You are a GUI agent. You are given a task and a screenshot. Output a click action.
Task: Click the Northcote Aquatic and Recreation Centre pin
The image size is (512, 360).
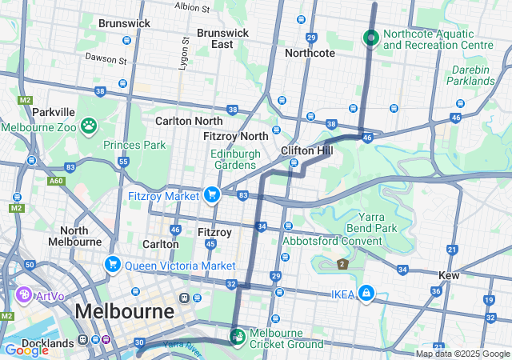pyautogui.click(x=371, y=38)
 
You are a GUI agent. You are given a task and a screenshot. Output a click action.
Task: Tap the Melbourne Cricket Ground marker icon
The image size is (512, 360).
pyautogui.click(x=238, y=335)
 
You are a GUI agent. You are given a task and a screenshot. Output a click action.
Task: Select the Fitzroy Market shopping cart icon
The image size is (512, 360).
pyautogui.click(x=212, y=194)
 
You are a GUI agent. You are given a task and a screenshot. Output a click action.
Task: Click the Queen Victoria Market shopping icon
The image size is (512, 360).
pyautogui.click(x=112, y=264)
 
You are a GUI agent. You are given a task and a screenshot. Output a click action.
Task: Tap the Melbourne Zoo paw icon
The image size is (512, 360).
pyautogui.click(x=87, y=126)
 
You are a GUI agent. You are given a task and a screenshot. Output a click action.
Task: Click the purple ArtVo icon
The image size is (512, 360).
pyautogui.click(x=23, y=295)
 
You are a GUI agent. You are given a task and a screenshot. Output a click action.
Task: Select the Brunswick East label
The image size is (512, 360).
pyautogui.click(x=222, y=38)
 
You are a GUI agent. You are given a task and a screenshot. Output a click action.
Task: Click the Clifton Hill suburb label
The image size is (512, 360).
pyautogui.click(x=307, y=150)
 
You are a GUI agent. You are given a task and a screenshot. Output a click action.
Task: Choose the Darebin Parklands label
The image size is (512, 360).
pyautogui.click(x=468, y=76)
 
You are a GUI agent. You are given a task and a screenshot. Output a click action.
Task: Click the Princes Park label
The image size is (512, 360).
pyautogui.click(x=134, y=145)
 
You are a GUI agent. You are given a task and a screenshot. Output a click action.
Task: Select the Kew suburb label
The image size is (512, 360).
pyautogui.click(x=449, y=275)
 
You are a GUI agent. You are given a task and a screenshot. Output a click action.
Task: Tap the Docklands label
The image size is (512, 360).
pyautogui.click(x=46, y=343)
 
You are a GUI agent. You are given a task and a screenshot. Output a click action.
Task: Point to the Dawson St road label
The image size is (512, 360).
pyautogui.click(x=106, y=60)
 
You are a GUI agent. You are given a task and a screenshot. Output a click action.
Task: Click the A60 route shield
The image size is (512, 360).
pyautogui.click(x=56, y=182)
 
